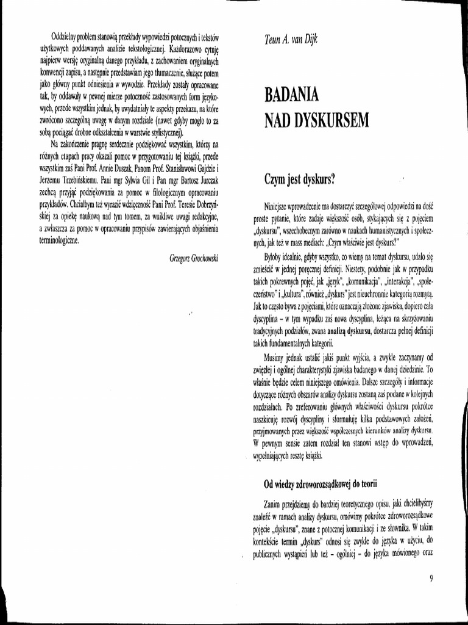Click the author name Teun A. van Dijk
pyautogui.click(x=291, y=40)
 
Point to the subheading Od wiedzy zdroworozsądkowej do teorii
pyautogui.click(x=321, y=484)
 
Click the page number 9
pyautogui.click(x=431, y=579)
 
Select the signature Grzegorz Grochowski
pyautogui.click(x=194, y=258)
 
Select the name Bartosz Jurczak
pyautogui.click(x=194, y=181)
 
